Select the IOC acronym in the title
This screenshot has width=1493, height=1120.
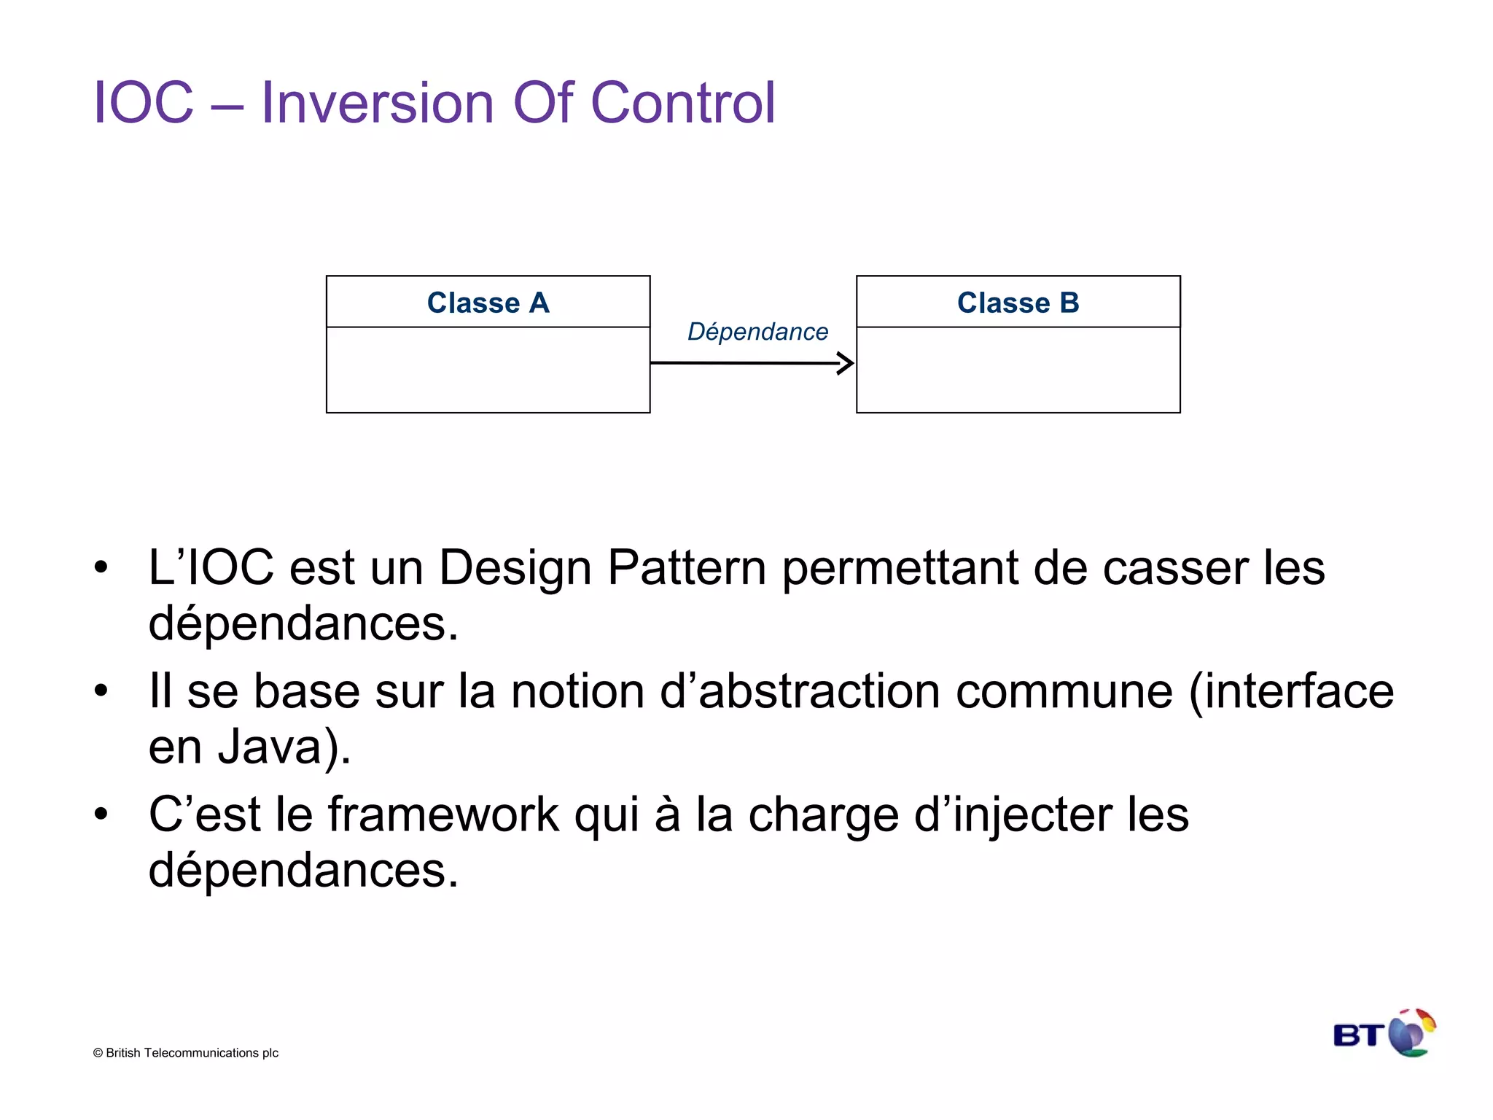(144, 103)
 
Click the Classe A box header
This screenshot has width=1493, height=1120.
(488, 302)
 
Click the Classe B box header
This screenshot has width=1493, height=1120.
(1018, 302)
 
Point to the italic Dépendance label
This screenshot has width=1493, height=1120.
(757, 332)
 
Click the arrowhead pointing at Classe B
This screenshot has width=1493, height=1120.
(846, 363)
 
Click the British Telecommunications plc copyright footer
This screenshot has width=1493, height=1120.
(186, 1053)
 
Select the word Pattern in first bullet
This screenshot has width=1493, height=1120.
(686, 568)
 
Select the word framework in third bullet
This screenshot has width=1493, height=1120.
(443, 814)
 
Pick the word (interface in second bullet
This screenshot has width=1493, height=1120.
(1290, 691)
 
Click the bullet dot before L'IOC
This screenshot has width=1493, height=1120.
(101, 567)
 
